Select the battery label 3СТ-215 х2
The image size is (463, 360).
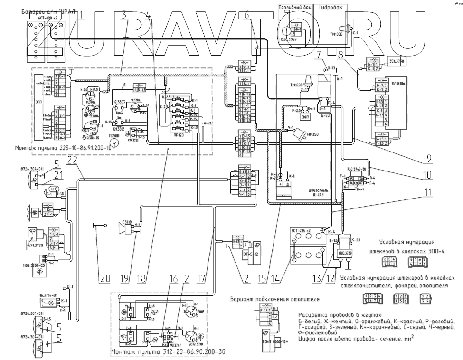coord(307,230)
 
